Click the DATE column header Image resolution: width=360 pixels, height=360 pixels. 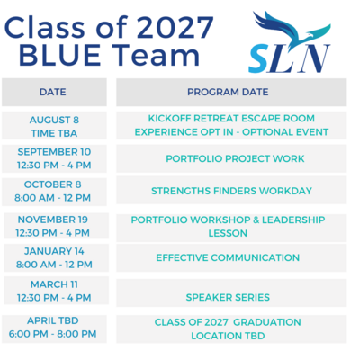[54, 92]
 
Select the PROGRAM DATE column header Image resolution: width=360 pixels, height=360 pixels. [231, 92]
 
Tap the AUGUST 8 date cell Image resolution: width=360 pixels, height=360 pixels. [54, 126]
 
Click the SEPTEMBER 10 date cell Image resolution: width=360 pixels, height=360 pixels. [54, 158]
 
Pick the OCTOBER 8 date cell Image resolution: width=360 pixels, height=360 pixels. [54, 192]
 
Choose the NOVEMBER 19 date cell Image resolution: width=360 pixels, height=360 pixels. [56, 226]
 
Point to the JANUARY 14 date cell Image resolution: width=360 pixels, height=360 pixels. [56, 257]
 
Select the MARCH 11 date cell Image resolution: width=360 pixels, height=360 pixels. [56, 291]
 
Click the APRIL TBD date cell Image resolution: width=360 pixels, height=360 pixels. [54, 328]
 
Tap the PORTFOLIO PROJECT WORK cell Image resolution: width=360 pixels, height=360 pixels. [231, 158]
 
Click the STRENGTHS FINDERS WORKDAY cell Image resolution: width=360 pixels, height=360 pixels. [231, 190]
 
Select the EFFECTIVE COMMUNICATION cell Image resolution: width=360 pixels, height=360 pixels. [231, 257]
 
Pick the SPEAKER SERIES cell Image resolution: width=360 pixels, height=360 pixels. [231, 292]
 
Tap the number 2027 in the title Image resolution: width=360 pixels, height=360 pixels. [176, 27]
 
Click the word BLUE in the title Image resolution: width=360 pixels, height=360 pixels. [59, 55]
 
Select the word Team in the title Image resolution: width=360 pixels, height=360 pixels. [157, 55]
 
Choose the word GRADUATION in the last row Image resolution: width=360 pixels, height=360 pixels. [267, 322]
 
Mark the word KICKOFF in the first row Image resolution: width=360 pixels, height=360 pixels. [170, 119]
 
